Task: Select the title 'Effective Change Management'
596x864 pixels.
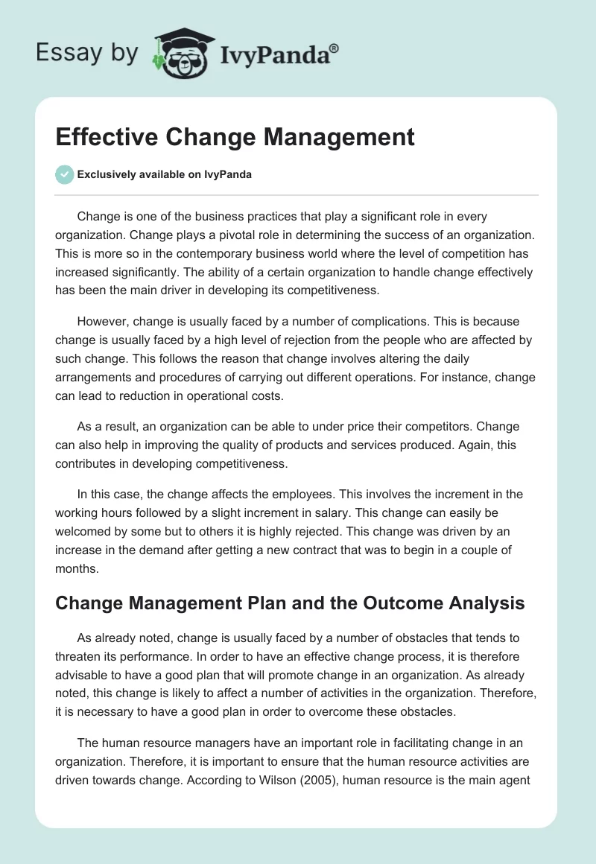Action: [235, 138]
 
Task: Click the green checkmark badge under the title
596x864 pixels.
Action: [64, 174]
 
